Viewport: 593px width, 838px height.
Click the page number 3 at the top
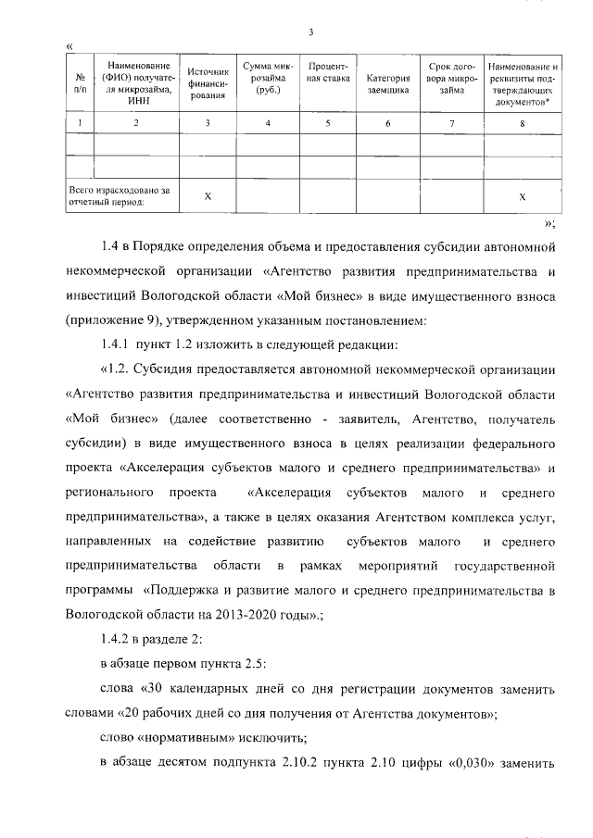pos(312,33)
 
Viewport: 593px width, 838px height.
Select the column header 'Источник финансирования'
pos(208,83)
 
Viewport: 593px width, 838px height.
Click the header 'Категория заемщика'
pos(387,84)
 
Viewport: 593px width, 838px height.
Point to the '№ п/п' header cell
pos(81,83)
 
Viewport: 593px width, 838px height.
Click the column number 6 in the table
pos(387,123)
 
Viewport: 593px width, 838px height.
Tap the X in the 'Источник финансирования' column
pos(208,196)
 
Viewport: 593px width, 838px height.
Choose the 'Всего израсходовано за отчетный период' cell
pos(120,196)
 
